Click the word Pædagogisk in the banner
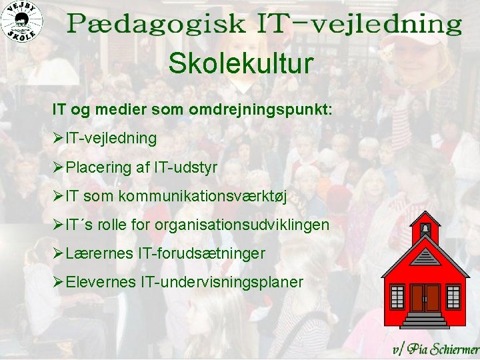point(156,25)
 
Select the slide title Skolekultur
point(240,65)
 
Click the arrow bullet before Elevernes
point(59,282)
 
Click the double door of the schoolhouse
point(425,297)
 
